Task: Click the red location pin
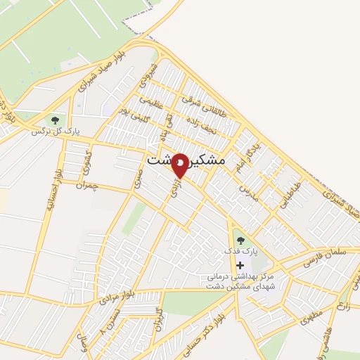click(180, 165)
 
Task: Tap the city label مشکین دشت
click(186, 160)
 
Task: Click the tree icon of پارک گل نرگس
click(56, 120)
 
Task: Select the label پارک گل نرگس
click(56, 131)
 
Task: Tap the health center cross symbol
click(241, 265)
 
